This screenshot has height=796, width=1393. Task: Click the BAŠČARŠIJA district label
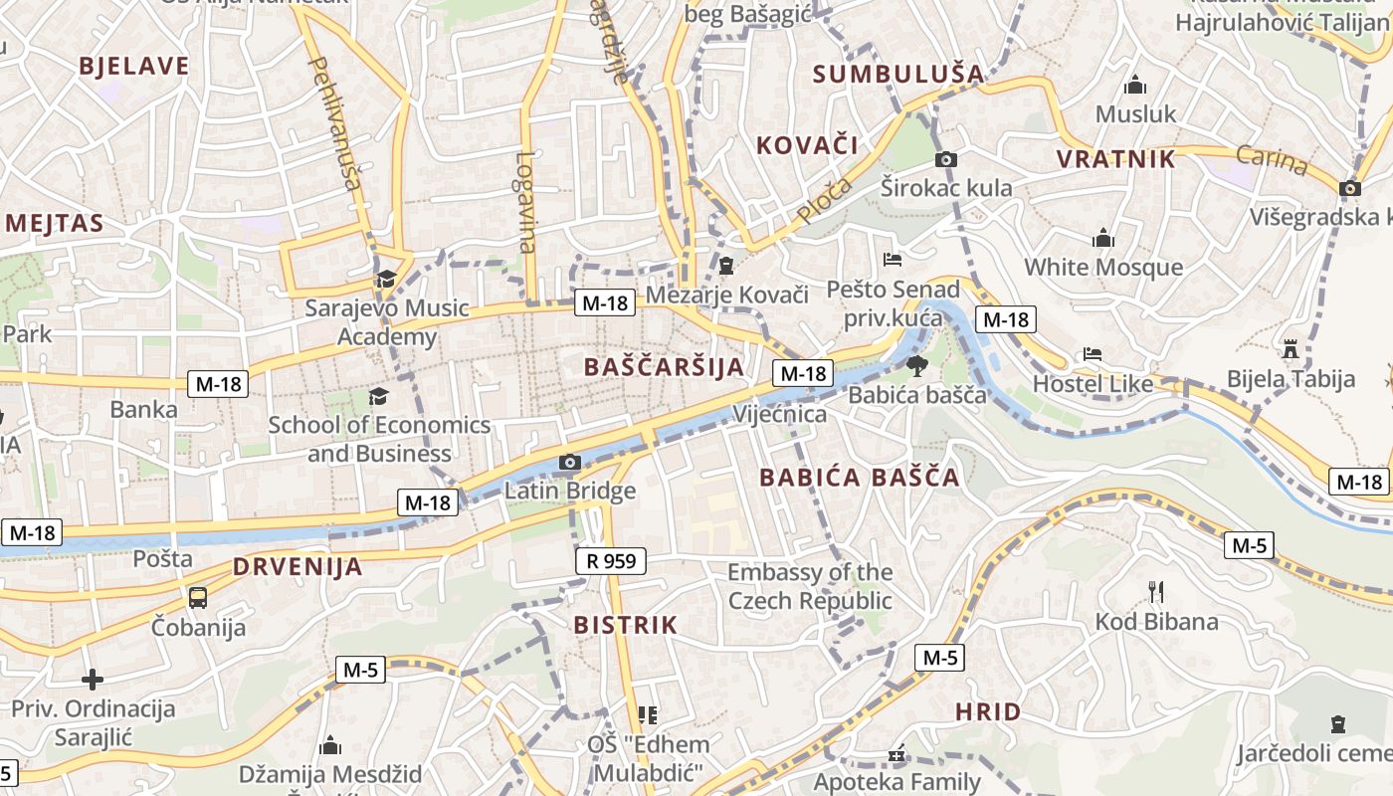click(x=665, y=366)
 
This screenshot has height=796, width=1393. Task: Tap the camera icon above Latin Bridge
click(x=570, y=462)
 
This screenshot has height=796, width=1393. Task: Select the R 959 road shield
click(x=611, y=561)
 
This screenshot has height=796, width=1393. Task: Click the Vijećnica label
click(x=779, y=414)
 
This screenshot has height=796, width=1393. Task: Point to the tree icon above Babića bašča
click(x=916, y=365)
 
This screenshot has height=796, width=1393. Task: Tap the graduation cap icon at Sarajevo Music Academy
click(x=386, y=279)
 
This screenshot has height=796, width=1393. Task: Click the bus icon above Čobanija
click(x=198, y=597)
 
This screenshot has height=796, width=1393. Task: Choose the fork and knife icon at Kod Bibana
click(x=1156, y=592)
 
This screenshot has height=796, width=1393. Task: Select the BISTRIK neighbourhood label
click(x=626, y=626)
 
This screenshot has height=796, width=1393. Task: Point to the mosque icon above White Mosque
click(x=1102, y=239)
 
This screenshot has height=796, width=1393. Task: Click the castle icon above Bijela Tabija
click(x=1291, y=348)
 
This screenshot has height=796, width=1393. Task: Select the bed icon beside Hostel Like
click(x=1093, y=354)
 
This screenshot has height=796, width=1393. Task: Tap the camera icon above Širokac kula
click(x=946, y=159)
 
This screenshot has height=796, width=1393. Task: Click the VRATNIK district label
click(x=1115, y=159)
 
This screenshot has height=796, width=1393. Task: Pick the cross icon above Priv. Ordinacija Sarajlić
click(x=93, y=680)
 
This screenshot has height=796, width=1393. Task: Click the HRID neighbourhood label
click(x=988, y=711)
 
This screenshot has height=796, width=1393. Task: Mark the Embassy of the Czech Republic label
click(x=810, y=586)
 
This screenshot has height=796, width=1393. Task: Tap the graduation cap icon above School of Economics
click(x=378, y=397)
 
